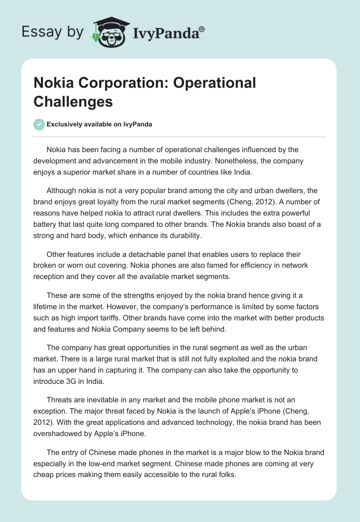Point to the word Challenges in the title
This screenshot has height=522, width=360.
pyautogui.click(x=73, y=101)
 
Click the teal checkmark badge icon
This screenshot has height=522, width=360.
pyautogui.click(x=39, y=124)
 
